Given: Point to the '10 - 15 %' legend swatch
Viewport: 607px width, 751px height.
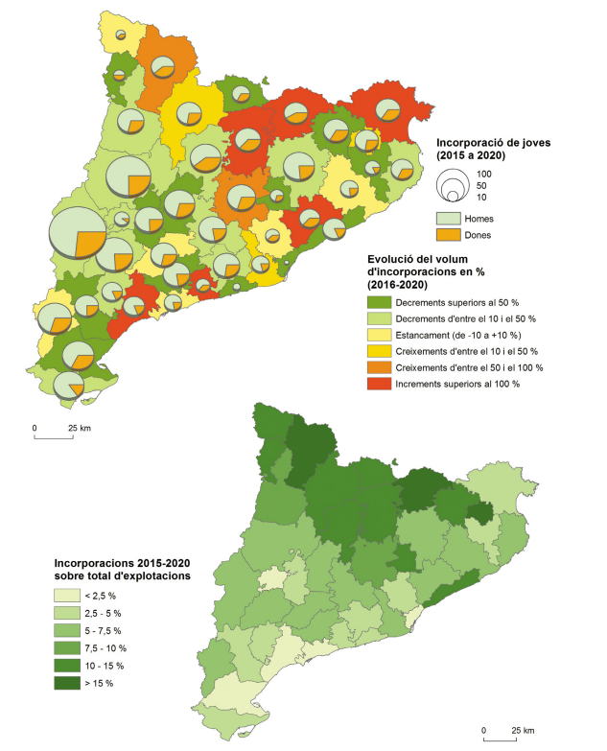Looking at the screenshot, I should [67, 665].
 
